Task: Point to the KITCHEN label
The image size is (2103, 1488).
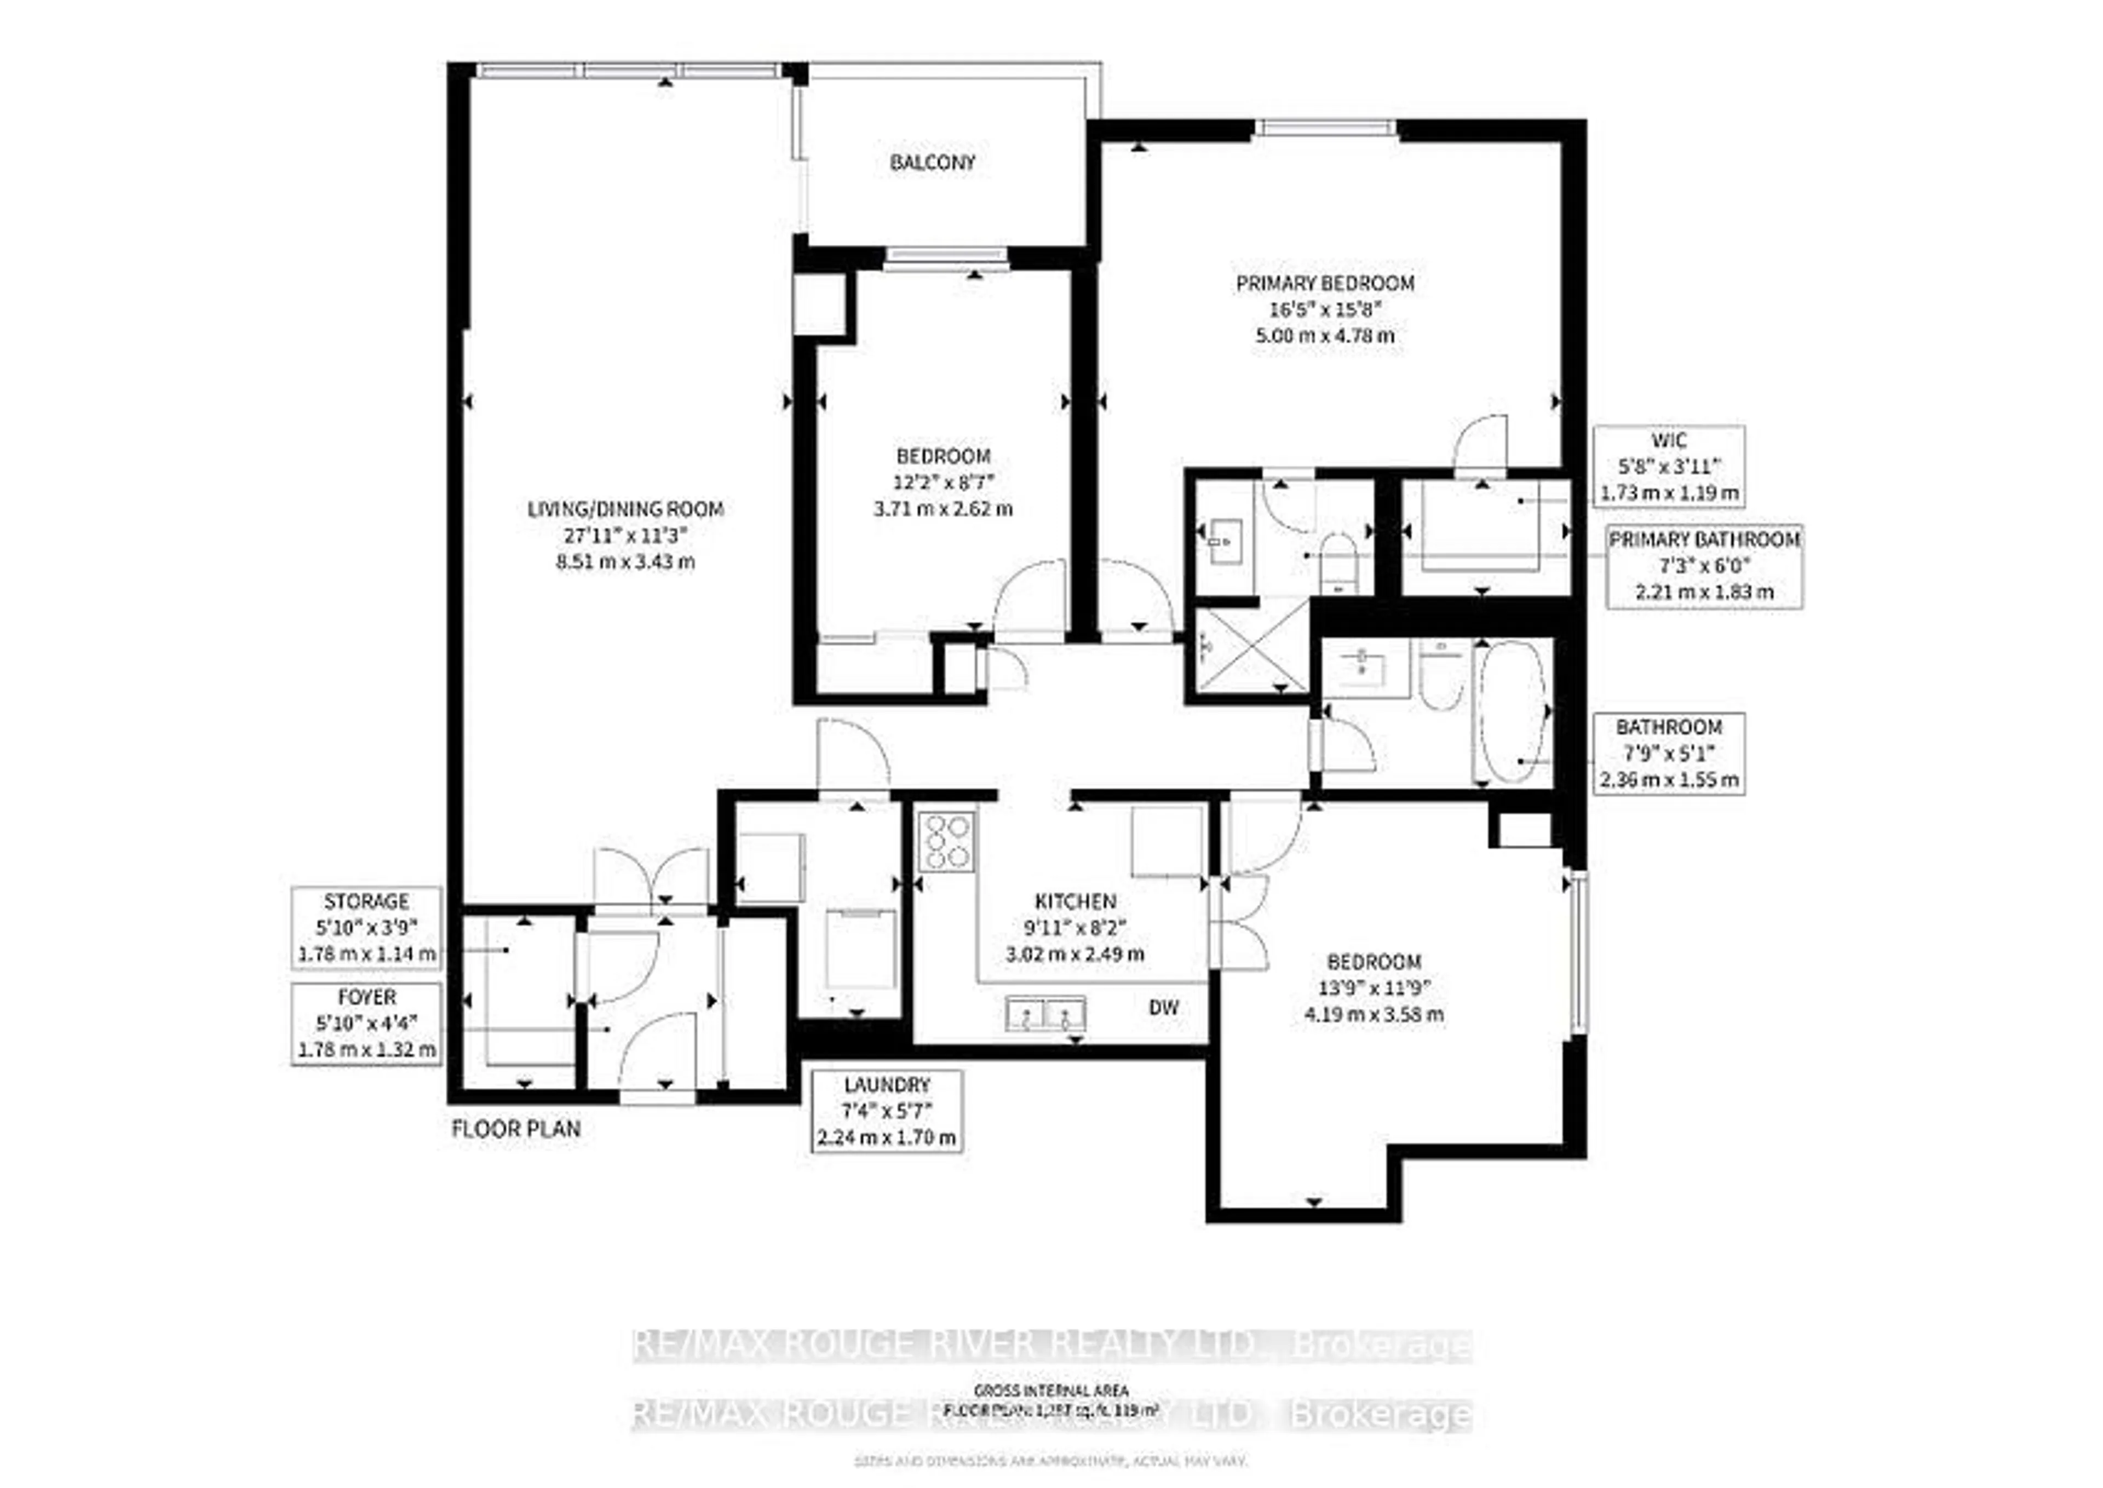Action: click(x=1075, y=901)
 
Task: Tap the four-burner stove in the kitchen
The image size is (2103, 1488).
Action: click(x=946, y=841)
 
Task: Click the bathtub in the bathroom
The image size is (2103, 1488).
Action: click(x=1512, y=711)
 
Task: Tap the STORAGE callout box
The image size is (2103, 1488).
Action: click(x=366, y=927)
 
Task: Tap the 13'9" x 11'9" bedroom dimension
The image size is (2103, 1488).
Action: click(x=1374, y=988)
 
